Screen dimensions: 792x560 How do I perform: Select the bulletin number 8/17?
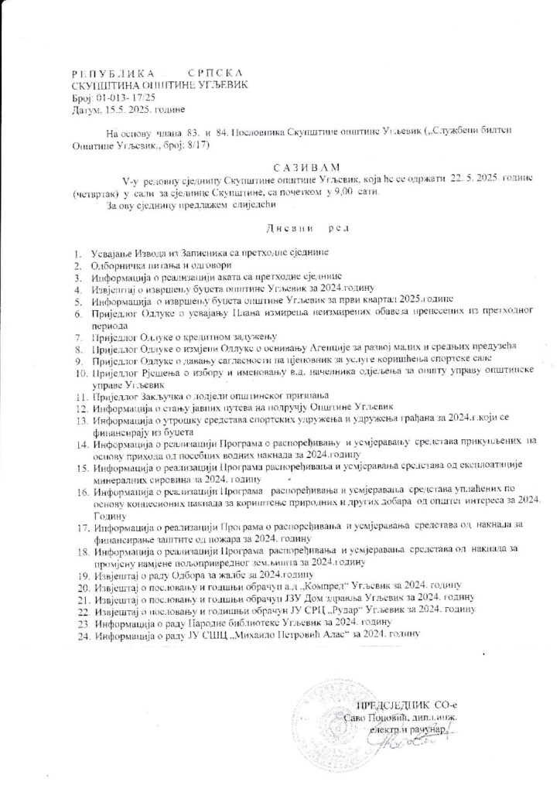tap(193, 145)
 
